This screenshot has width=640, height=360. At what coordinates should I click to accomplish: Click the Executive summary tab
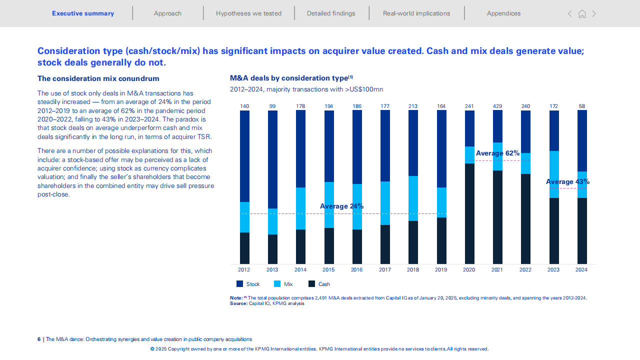[x=83, y=13]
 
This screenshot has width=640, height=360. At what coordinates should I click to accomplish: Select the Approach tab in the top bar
[x=167, y=13]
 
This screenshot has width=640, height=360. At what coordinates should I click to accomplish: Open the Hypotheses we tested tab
[x=248, y=13]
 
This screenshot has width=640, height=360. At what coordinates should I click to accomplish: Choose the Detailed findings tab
[x=331, y=13]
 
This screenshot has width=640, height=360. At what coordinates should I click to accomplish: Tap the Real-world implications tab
[x=416, y=13]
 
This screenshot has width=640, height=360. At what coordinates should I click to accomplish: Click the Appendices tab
[x=503, y=13]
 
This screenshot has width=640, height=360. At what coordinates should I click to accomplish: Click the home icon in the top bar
[x=582, y=14]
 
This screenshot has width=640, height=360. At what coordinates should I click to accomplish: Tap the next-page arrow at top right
[x=594, y=14]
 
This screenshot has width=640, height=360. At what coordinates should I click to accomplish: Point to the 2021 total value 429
[x=497, y=106]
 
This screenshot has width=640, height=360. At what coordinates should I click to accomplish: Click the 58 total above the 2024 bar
[x=582, y=106]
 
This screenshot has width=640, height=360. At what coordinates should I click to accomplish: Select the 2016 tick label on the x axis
[x=356, y=270]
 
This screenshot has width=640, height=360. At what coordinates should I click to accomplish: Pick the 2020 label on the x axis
[x=469, y=270]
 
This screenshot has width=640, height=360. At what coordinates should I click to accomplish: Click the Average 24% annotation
[x=341, y=206]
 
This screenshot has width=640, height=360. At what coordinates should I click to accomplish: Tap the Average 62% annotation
[x=497, y=153]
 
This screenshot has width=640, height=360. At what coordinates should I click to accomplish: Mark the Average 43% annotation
[x=567, y=182]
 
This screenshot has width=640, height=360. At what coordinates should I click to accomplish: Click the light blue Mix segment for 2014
[x=300, y=208]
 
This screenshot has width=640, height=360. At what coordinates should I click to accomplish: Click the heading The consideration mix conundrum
[x=98, y=78]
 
